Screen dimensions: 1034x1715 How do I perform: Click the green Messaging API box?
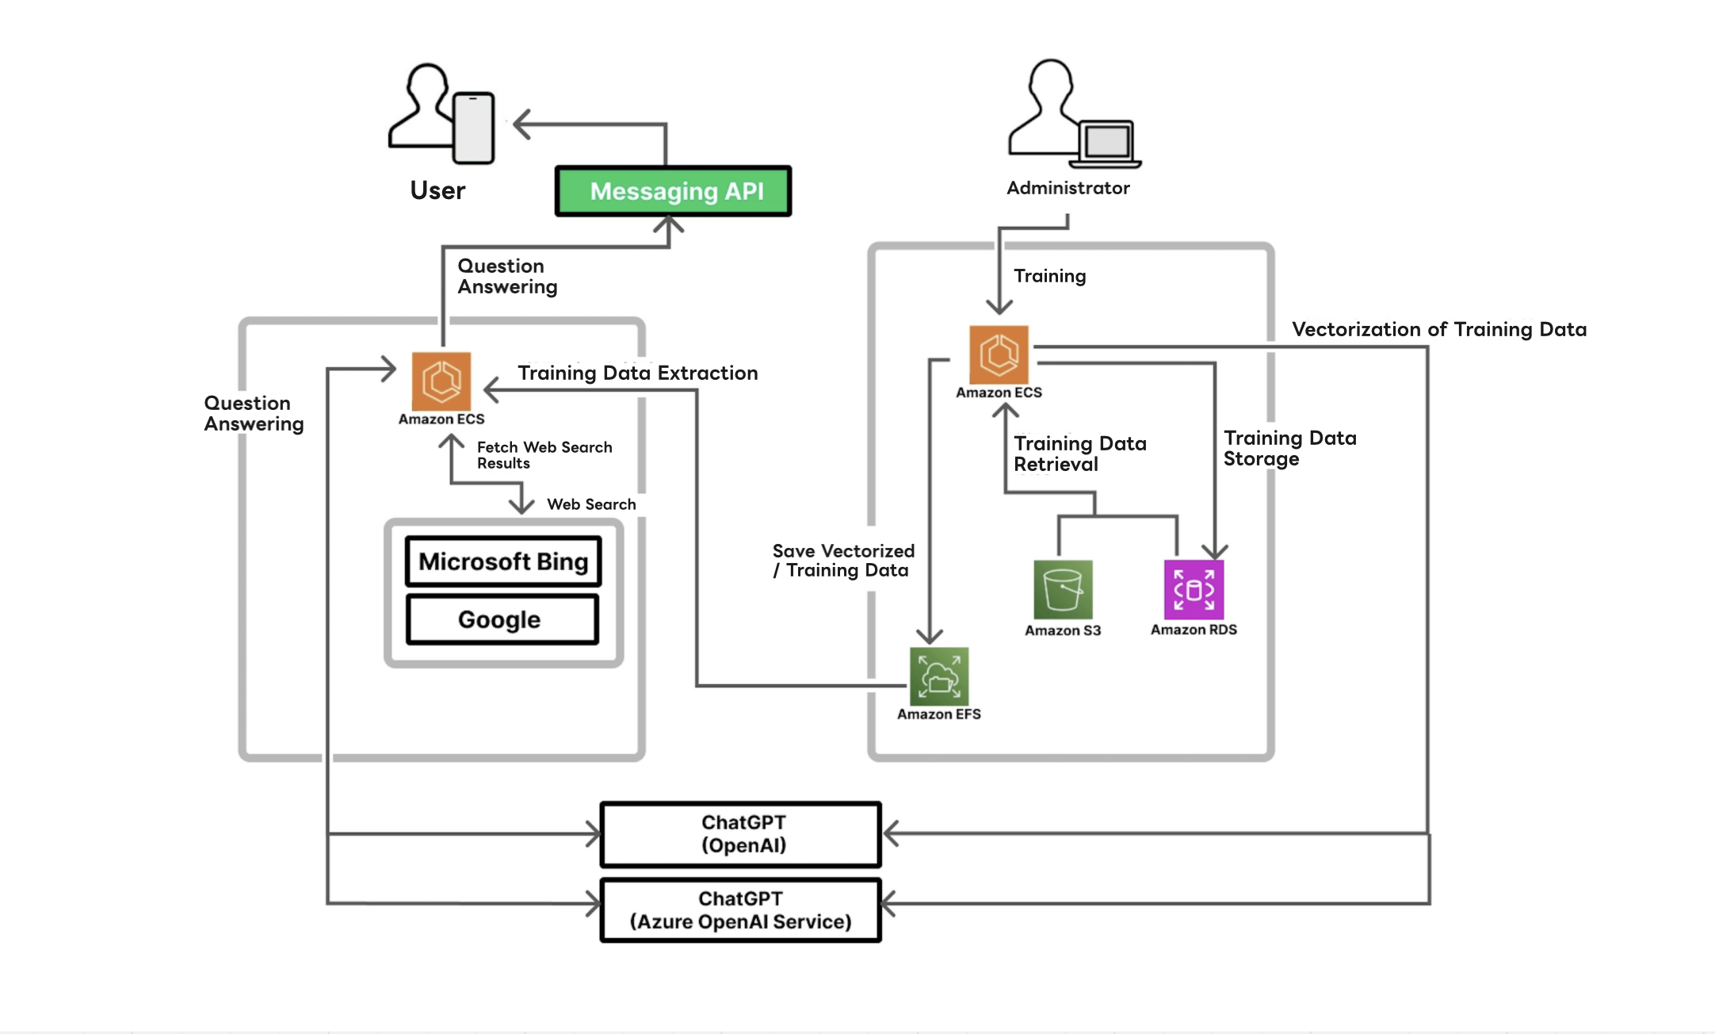pos(674,191)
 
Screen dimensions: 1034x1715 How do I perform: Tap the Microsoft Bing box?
pos(503,561)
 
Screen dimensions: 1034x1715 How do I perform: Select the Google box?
pos(502,619)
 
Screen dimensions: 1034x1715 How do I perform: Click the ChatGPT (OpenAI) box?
pos(741,834)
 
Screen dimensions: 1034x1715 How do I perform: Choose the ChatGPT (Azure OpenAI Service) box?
pos(741,910)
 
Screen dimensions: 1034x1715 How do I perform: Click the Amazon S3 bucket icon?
pos(1063,589)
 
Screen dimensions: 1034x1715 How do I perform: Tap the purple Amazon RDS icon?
pos(1194,589)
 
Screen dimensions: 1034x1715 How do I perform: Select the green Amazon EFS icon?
pos(939,676)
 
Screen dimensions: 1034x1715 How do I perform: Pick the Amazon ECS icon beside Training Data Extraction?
pos(441,381)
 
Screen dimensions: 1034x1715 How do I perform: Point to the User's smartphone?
pos(474,128)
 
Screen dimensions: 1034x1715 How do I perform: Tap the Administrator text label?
pos(1068,188)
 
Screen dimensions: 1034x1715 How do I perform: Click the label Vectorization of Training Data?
pos(1438,329)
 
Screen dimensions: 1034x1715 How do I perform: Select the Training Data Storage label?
pos(1289,448)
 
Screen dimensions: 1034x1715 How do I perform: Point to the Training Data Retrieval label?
pos(1079,454)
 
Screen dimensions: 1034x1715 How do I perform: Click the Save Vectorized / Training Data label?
pos(842,561)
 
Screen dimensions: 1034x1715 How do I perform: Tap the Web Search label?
pos(591,504)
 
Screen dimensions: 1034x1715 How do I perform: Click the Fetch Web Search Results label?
pos(544,455)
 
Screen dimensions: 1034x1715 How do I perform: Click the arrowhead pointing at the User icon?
pos(521,124)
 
